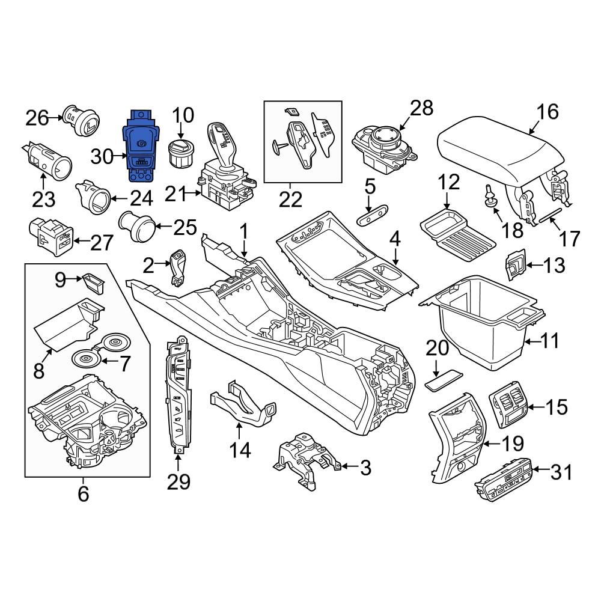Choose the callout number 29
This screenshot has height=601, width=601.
click(x=178, y=481)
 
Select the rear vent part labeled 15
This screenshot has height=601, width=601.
click(x=508, y=405)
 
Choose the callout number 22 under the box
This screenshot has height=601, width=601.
click(x=290, y=200)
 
